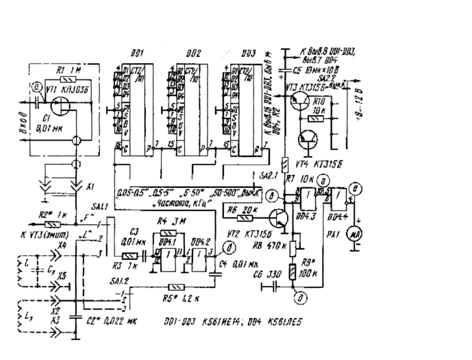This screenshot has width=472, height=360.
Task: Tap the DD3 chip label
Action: click(x=248, y=53)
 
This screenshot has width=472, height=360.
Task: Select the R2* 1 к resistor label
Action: click(x=54, y=214)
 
